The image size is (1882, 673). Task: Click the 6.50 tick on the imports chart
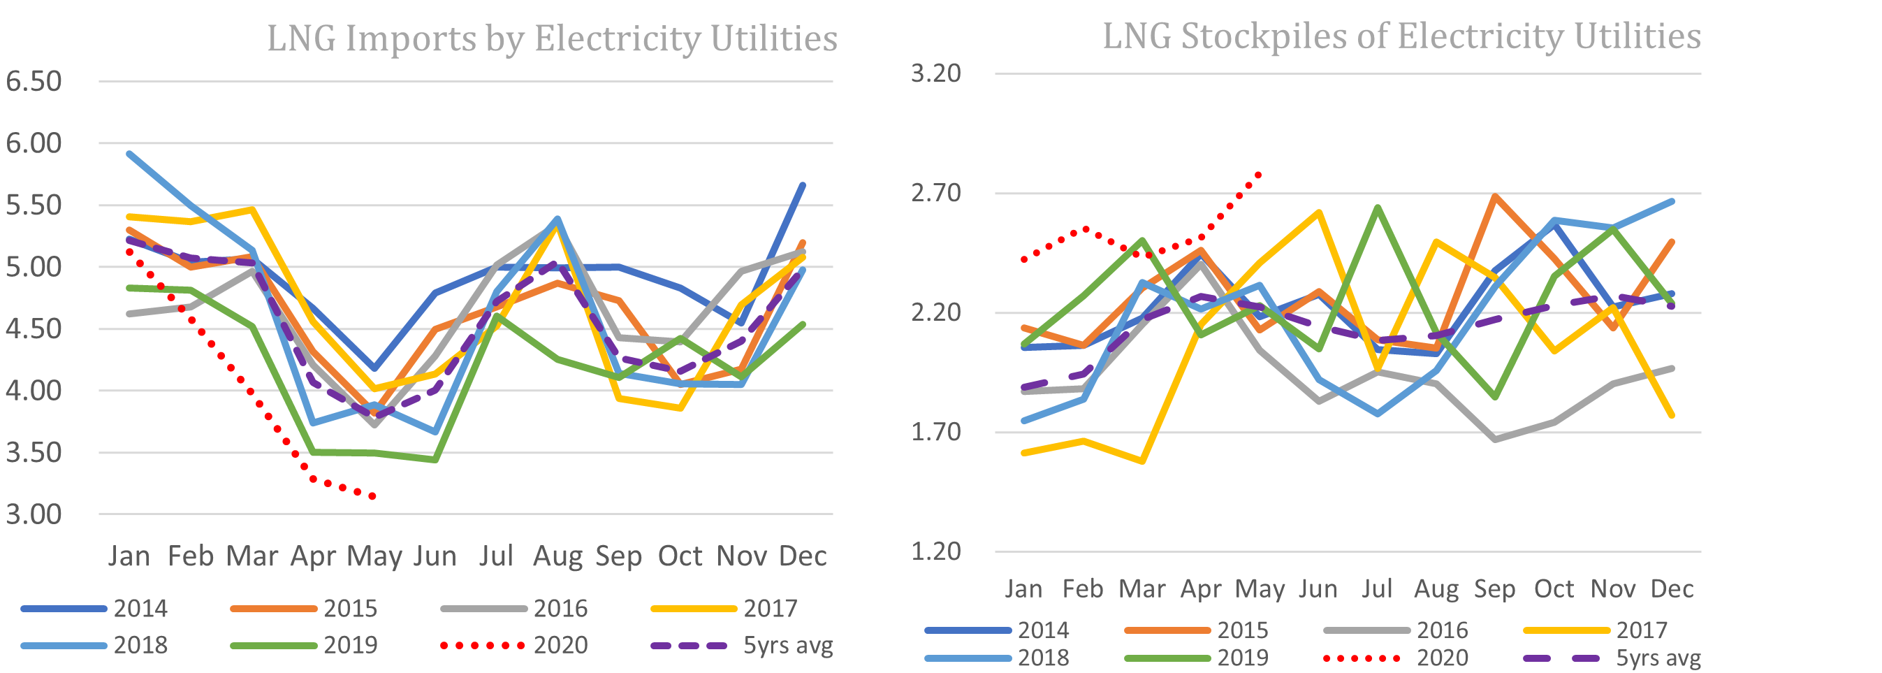[x=34, y=81]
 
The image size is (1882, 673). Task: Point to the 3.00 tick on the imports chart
[x=34, y=514]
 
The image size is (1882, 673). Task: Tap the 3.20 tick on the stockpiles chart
[x=936, y=73]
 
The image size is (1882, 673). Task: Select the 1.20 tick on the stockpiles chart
[x=936, y=551]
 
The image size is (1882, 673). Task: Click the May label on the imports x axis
[x=374, y=557]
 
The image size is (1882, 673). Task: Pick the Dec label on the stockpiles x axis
[x=1672, y=589]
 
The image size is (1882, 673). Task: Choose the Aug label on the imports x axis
[x=557, y=557]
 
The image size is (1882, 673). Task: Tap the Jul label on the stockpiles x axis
[x=1376, y=589]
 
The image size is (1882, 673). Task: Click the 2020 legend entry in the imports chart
[x=560, y=645]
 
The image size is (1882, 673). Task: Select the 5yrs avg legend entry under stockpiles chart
[x=1658, y=658]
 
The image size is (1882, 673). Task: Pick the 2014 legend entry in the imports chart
[x=140, y=609]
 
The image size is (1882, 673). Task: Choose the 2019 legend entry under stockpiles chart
[x=1242, y=658]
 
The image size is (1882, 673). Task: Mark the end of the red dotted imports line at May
[x=373, y=497]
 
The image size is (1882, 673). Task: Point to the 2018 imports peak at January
[x=129, y=154]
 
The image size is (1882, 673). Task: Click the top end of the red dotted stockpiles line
[x=1259, y=174]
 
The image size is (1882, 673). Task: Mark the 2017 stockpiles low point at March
[x=1142, y=462]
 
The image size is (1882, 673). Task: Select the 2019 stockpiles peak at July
[x=1377, y=208]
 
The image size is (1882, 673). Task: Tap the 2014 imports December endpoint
[x=803, y=185]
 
